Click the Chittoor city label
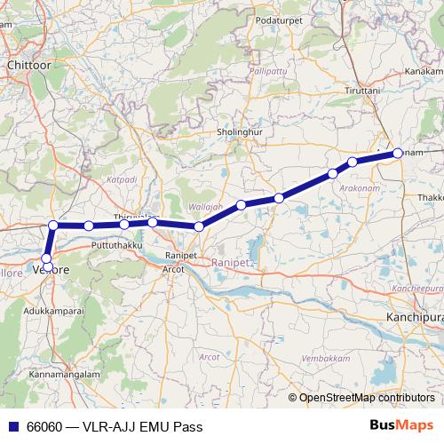30,65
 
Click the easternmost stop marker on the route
397,153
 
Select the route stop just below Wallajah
199,227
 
